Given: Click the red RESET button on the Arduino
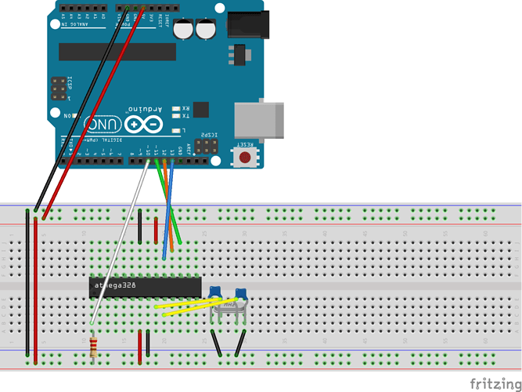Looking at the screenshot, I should (x=246, y=156).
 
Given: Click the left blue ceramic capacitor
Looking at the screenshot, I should (x=214, y=293).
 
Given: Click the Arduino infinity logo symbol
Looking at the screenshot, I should (x=143, y=124).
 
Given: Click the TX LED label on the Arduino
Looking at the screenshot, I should (x=185, y=115).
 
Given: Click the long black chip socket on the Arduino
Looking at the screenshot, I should (x=117, y=51).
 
